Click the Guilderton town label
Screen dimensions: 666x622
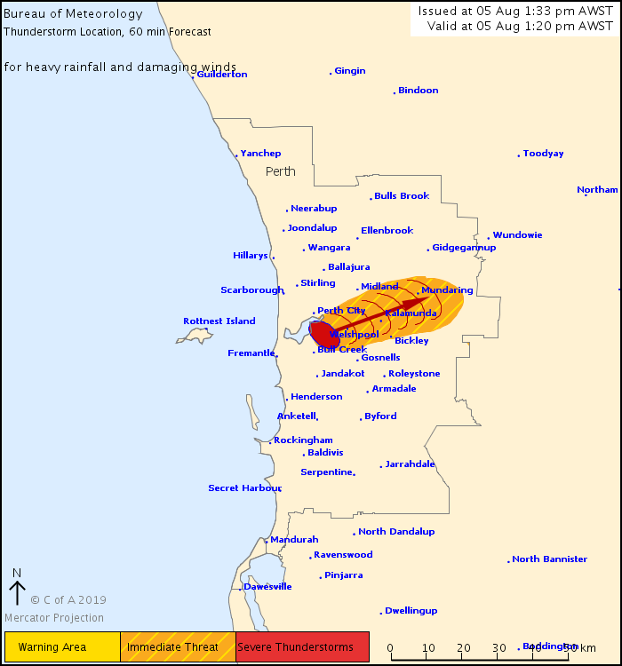[222, 75]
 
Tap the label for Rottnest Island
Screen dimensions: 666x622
[219, 321]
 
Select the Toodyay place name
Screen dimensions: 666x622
[543, 154]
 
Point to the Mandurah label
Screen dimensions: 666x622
[294, 540]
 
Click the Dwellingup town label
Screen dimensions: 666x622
[411, 611]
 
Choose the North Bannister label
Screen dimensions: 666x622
[549, 559]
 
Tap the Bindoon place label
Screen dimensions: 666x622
[418, 91]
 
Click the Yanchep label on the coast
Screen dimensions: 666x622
[260, 154]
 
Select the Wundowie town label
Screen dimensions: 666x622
[517, 235]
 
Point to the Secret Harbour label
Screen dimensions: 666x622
[244, 488]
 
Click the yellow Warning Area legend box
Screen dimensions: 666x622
[62, 647]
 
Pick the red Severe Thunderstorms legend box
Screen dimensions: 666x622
[302, 647]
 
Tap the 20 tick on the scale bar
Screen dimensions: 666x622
[463, 646]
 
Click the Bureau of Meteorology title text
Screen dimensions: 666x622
[73, 14]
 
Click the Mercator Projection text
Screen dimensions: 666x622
[54, 618]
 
